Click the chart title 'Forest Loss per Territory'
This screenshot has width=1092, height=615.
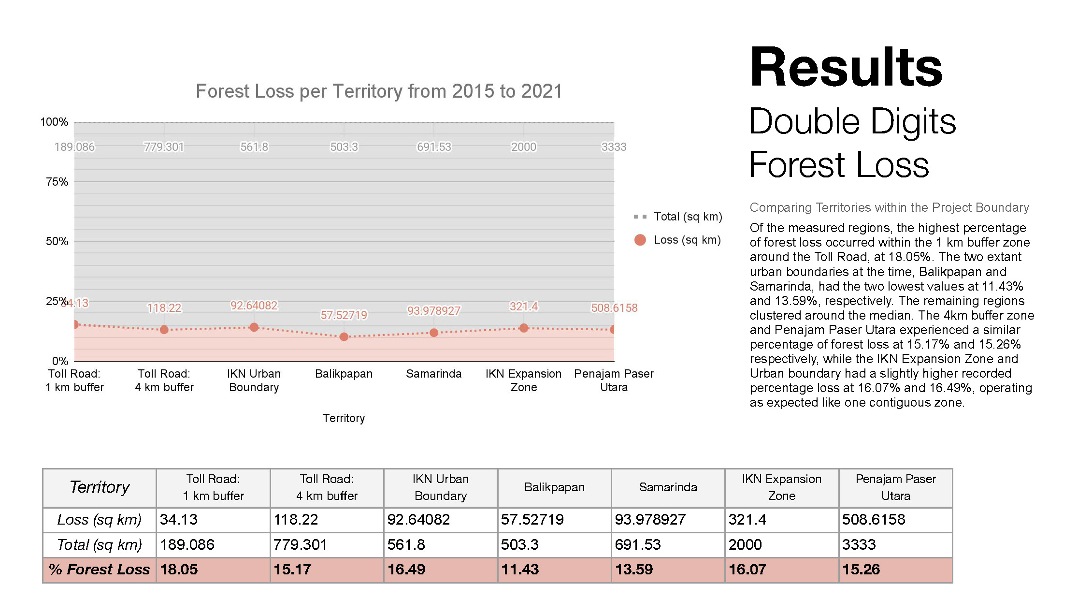[x=379, y=91]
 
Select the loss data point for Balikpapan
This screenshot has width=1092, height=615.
[x=344, y=337]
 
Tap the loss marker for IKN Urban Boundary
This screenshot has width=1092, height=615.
[x=254, y=327]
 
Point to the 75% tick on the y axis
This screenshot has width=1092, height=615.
[x=57, y=182]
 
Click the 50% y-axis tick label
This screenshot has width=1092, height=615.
[x=57, y=241]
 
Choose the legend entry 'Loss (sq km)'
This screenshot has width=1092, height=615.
[x=687, y=240]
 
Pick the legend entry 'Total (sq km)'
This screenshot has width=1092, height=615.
[x=688, y=217]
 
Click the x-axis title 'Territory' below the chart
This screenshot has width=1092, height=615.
[x=344, y=418]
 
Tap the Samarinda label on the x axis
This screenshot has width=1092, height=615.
[x=433, y=374]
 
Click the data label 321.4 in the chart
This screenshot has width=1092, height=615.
[x=523, y=306]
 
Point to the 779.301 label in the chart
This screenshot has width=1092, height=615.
[x=164, y=146]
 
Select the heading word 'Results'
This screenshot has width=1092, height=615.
[x=846, y=67]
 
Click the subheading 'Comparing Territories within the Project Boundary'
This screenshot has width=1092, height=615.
[x=889, y=207]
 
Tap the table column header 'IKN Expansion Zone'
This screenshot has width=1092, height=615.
[x=781, y=487]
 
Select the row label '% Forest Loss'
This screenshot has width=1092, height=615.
[x=99, y=570]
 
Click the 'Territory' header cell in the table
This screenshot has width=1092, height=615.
[x=100, y=487]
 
